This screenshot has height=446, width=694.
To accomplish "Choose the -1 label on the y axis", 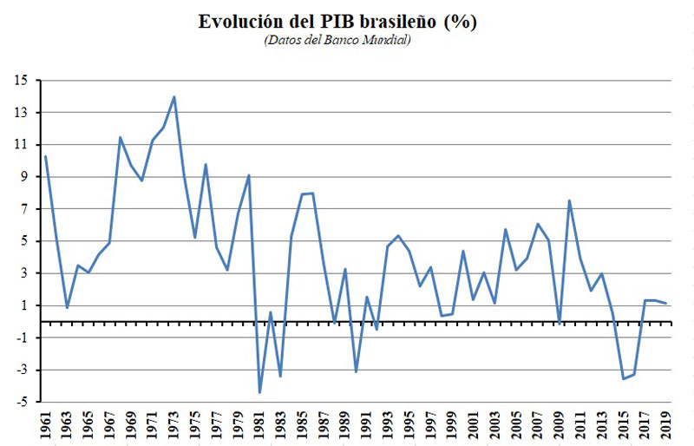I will tap(21, 338).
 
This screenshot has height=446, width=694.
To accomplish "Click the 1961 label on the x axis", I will tap(45, 427).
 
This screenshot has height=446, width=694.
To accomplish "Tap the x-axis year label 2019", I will tap(665, 427).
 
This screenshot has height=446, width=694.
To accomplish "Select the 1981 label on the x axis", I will tap(259, 427).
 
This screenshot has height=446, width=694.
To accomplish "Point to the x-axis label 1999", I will tap(452, 427).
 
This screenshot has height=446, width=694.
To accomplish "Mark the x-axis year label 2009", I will tap(559, 427).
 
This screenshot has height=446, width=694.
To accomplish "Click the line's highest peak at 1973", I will tap(174, 96).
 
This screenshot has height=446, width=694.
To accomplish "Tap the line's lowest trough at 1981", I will tap(259, 393).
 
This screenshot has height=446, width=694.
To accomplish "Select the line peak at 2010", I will tap(569, 200).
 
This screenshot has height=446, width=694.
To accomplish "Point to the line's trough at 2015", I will tap(623, 379).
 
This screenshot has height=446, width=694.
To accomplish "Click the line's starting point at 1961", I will tap(45, 156).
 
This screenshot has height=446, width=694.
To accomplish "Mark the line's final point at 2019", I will tap(665, 304).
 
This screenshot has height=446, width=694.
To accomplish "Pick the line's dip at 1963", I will tap(67, 308).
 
